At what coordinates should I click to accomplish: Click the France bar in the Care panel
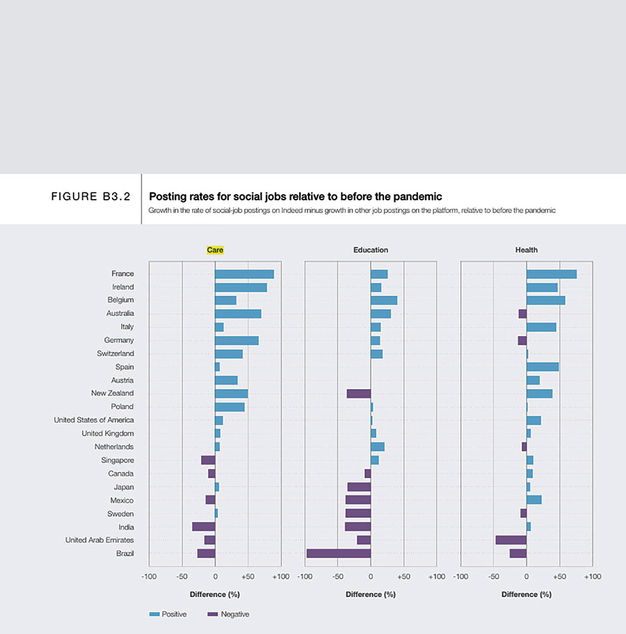[244, 274]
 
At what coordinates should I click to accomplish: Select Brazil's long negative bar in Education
[338, 553]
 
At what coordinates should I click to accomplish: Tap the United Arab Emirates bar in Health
[511, 540]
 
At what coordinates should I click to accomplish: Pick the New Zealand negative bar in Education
[358, 394]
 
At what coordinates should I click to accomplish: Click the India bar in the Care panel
[203, 527]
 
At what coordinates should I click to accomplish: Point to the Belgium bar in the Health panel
[545, 301]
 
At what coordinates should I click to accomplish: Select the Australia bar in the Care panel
[238, 314]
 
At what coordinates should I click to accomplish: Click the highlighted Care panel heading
[215, 250]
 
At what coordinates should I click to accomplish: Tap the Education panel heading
[370, 250]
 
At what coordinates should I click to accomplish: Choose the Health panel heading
[526, 250]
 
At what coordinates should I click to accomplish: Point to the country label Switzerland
[115, 354]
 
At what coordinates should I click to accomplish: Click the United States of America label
[94, 420]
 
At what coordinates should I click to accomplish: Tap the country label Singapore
[118, 460]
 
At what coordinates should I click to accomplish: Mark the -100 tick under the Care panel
[148, 577]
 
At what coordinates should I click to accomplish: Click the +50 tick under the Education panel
[403, 577]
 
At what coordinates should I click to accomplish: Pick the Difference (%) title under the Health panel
[526, 594]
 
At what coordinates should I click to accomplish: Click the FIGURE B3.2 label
[91, 197]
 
